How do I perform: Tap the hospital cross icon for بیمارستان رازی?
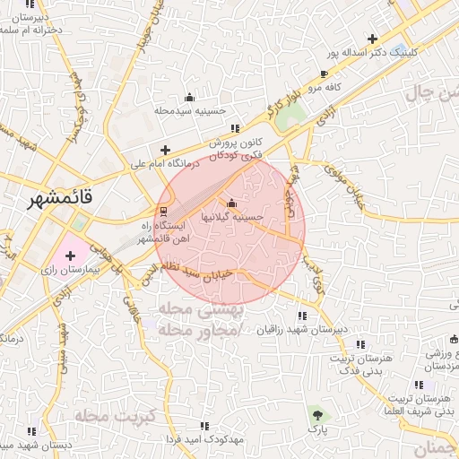click(x=71, y=256)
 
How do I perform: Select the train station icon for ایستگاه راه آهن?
click(x=162, y=212)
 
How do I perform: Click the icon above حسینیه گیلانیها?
click(x=232, y=203)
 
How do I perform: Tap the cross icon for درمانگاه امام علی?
click(x=164, y=150)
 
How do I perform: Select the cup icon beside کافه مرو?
click(x=324, y=74)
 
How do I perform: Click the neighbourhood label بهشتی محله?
click(x=191, y=310)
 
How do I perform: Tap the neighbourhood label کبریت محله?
click(x=116, y=416)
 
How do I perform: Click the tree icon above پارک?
click(x=316, y=414)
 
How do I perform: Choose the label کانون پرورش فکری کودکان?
click(x=236, y=149)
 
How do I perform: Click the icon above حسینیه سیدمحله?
click(x=188, y=97)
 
